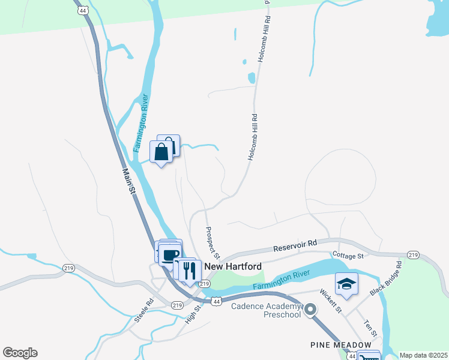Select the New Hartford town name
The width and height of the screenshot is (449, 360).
tap(233, 266)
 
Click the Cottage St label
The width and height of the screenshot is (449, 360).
tap(348, 256)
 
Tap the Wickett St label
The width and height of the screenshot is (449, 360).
tap(330, 302)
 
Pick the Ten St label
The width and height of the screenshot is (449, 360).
tap(369, 328)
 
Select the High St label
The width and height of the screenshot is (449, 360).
tap(193, 313)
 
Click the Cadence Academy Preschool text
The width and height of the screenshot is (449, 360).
tap(265, 310)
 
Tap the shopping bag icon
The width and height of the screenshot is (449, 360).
tap(161, 152)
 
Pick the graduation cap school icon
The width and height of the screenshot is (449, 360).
tap(346, 283)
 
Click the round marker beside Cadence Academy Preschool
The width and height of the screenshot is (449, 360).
tap(310, 310)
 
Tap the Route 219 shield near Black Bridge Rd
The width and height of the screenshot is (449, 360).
tap(413, 254)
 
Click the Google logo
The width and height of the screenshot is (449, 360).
tap(20, 353)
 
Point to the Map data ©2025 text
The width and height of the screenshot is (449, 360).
tap(423, 355)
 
